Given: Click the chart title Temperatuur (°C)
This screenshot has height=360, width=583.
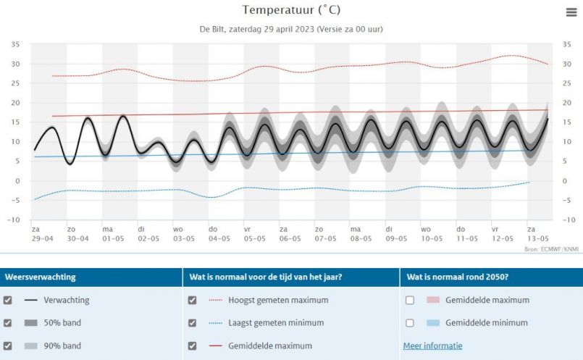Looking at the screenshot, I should [x=291, y=10].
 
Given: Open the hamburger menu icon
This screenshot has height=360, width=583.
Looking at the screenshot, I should [x=571, y=12].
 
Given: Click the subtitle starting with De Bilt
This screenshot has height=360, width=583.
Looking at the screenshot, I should [x=291, y=30].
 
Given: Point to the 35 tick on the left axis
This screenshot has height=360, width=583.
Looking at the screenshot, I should [x=15, y=45].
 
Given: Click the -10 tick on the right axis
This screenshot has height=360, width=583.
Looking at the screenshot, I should [x=569, y=219].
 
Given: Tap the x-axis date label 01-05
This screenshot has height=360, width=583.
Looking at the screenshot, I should [x=112, y=238].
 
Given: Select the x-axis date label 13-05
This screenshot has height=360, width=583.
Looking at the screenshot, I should [x=537, y=238].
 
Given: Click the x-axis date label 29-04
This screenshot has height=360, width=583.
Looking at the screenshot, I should [x=42, y=238].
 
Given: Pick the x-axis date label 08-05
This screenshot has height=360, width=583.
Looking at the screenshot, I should [x=360, y=238].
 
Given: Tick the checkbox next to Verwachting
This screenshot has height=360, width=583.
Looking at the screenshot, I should [x=8, y=300].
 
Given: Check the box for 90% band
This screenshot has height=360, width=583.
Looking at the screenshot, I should [x=8, y=346].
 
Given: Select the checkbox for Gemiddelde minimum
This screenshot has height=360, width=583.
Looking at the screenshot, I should [x=410, y=323].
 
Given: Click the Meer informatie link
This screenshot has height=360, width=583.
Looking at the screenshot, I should [x=432, y=346].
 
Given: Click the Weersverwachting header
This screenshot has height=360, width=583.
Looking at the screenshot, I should [x=41, y=277].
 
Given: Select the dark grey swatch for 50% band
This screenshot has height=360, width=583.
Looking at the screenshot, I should [x=31, y=323].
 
